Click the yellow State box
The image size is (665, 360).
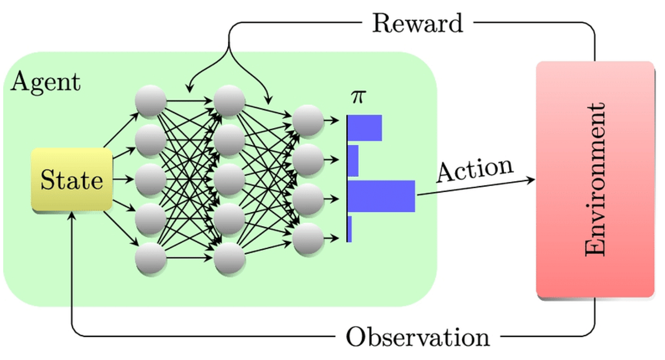(72, 179)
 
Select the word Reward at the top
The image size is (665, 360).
(417, 23)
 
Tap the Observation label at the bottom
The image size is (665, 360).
(418, 336)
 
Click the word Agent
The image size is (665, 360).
(45, 83)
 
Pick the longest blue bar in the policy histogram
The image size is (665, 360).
(382, 196)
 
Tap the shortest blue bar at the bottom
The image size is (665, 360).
(350, 229)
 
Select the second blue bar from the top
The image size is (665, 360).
(354, 161)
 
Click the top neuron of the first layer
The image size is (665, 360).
(151, 101)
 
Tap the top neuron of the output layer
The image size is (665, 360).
(308, 119)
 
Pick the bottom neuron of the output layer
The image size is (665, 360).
(308, 239)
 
